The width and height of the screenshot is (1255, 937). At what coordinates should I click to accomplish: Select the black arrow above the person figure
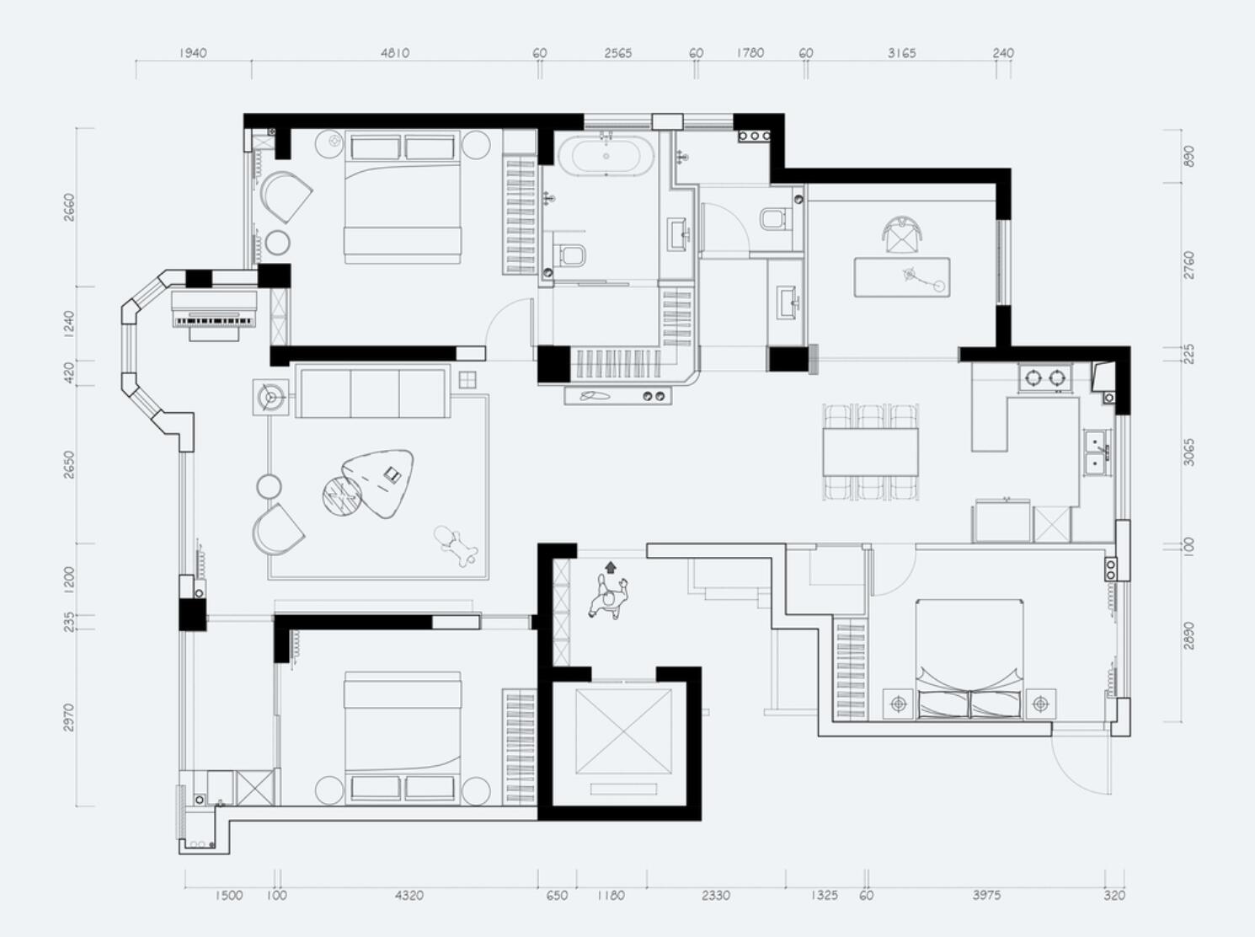[x=611, y=567]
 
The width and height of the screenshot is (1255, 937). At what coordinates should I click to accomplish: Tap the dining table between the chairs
[x=870, y=452]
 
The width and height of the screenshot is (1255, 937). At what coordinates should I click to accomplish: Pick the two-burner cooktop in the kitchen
[x=1044, y=377]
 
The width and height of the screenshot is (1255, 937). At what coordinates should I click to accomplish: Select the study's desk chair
[x=903, y=234]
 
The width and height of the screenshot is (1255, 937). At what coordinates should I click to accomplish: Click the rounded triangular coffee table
[x=379, y=482]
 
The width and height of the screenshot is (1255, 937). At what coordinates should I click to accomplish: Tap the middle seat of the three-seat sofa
[x=375, y=394]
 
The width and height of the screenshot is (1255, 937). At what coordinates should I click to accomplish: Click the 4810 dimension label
[x=395, y=53]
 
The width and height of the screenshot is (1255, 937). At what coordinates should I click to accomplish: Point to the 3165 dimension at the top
[x=901, y=53]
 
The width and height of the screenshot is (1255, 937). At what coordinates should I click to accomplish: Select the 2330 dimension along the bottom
[x=716, y=895]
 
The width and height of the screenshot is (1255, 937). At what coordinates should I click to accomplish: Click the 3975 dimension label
[x=987, y=895]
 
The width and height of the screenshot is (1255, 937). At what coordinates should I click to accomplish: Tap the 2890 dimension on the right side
[x=1190, y=635]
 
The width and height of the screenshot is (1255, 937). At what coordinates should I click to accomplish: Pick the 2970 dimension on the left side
[x=68, y=717]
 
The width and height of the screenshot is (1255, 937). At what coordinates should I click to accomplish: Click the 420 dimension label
[x=68, y=372]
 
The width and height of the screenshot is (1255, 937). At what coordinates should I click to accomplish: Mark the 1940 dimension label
[x=193, y=53]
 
